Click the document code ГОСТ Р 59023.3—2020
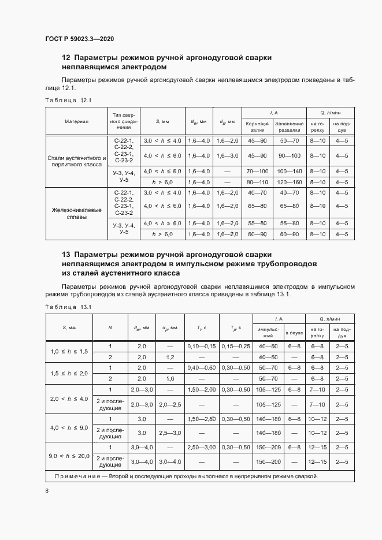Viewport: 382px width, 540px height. pos(79,39)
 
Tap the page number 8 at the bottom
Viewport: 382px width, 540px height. pos(47,490)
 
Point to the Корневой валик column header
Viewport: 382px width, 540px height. pos(257,127)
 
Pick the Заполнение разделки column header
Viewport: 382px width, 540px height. pos(289,127)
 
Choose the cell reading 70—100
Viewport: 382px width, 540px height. pos(257,172)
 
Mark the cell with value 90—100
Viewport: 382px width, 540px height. pos(289,156)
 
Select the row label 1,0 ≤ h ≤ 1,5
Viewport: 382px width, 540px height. pos(69,352)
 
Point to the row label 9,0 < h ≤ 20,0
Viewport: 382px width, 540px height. pos(69,456)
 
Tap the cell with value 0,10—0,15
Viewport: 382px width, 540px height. pos(201,346)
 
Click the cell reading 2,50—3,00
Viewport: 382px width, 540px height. pos(201,448)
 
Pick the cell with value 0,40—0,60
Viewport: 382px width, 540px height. pos(201,367)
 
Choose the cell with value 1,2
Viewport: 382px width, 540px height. pos(170,357)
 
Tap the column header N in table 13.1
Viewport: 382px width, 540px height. pos(110,328)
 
